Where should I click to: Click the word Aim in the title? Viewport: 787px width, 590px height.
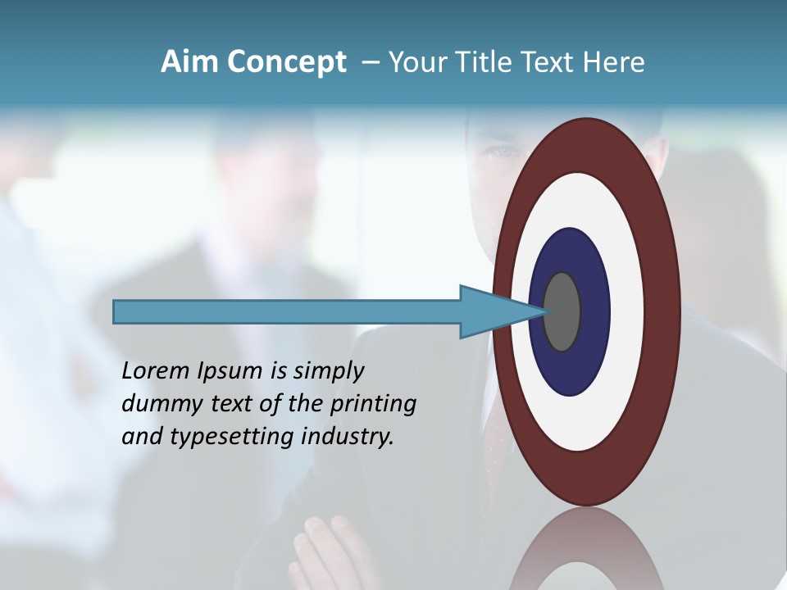pos(190,62)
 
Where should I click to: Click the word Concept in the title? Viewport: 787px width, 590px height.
pos(287,62)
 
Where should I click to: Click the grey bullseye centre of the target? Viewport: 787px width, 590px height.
pos(562,311)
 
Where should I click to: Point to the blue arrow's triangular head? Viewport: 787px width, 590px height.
pos(492,311)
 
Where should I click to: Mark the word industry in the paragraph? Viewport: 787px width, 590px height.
pos(348,437)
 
